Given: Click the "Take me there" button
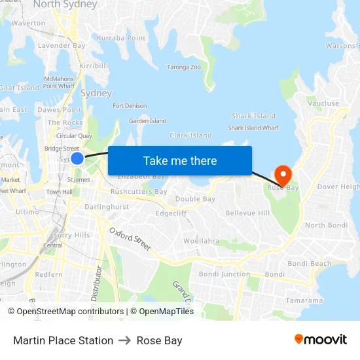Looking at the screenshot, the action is click(x=179, y=160).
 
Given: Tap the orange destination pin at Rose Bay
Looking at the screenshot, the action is click(x=283, y=175).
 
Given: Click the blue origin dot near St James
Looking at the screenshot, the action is click(x=77, y=158).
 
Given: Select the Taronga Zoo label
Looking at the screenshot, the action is click(x=184, y=67).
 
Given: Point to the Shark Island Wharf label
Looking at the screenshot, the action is click(x=253, y=128).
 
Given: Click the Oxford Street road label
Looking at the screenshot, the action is click(x=130, y=239).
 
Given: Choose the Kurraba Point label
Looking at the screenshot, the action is click(x=122, y=38).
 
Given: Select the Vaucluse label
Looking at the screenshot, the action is click(x=323, y=103).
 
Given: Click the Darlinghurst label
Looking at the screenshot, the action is click(x=107, y=206).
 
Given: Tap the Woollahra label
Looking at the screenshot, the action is click(x=201, y=241).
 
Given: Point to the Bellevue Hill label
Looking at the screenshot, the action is click(x=247, y=213).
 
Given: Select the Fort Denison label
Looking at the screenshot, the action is click(x=130, y=105).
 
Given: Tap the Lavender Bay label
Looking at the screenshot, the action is click(x=62, y=46).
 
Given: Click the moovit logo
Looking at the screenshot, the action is click(x=320, y=340).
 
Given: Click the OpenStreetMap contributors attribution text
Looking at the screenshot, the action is click(x=70, y=312).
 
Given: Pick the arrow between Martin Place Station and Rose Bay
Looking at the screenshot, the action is click(x=125, y=340).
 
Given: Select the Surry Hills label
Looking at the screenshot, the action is click(x=72, y=235).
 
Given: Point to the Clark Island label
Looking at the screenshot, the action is click(x=190, y=135).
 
